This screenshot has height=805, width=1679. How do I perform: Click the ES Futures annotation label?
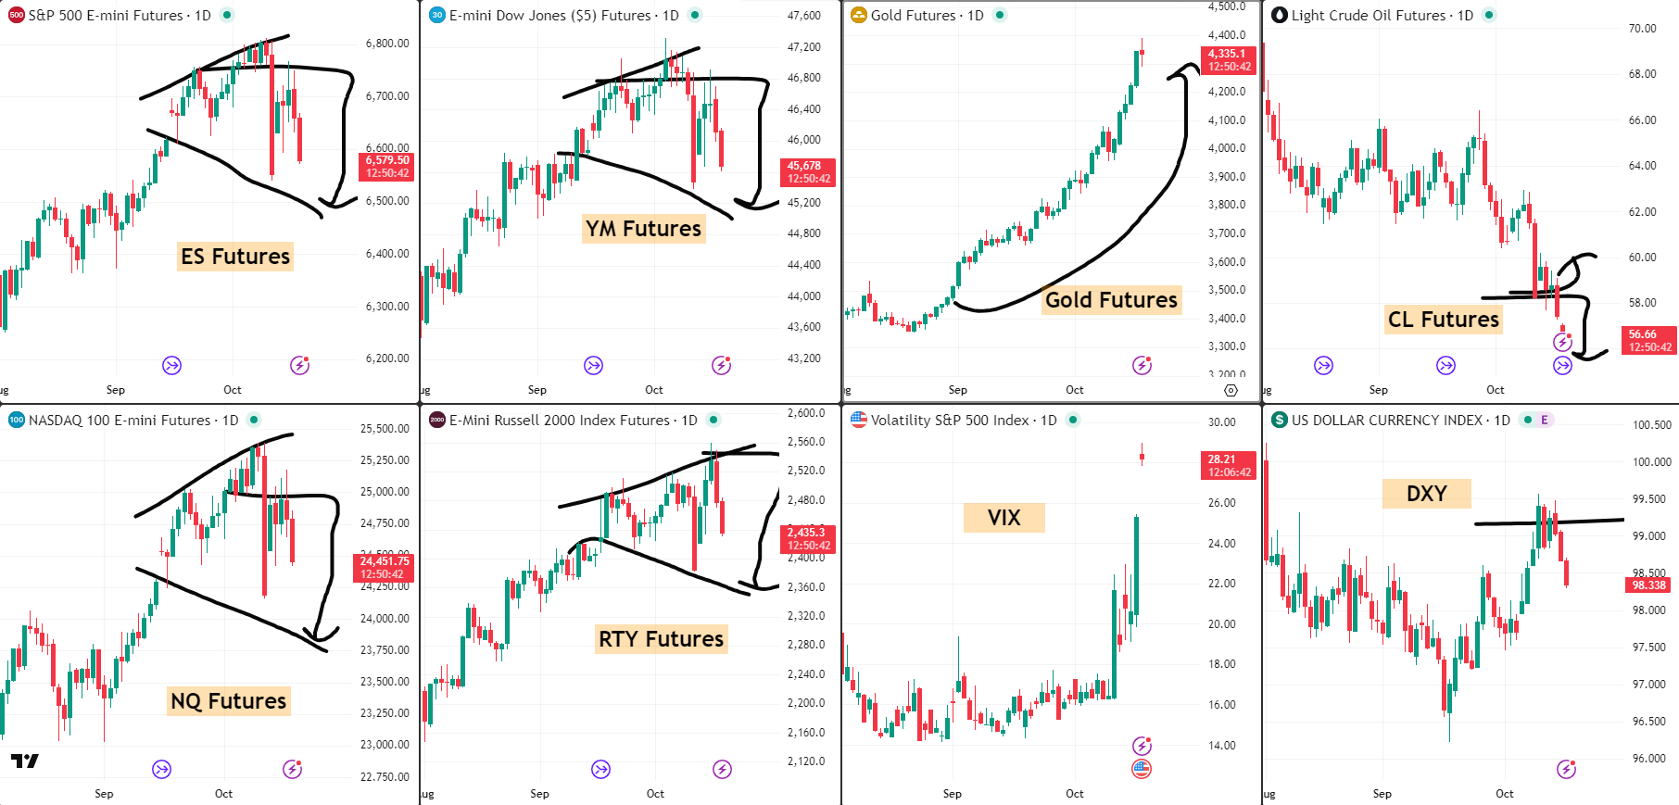click(235, 257)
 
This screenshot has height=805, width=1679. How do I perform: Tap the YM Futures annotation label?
click(644, 229)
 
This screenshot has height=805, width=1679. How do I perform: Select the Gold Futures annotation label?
click(1111, 300)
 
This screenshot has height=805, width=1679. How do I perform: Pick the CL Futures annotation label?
click(1443, 320)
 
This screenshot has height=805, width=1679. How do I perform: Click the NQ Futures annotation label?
click(228, 701)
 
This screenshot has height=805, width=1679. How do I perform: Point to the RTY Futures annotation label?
click(661, 639)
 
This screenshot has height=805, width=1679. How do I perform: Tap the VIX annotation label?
click(1004, 518)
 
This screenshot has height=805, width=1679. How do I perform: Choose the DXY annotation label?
click(1426, 494)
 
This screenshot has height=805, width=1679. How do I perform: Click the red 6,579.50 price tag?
click(387, 167)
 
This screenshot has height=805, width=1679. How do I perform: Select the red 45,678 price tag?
click(808, 172)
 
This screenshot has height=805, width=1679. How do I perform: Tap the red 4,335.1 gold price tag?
click(1229, 60)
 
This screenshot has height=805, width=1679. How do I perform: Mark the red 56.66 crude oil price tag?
click(1649, 341)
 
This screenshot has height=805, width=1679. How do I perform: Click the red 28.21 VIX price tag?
click(1229, 465)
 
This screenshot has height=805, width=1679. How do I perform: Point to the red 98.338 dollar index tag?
click(1648, 585)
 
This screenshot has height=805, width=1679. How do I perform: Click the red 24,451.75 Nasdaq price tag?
click(385, 568)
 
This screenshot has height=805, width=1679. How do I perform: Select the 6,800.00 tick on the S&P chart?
click(386, 44)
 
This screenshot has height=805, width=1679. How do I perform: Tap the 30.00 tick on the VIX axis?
click(1221, 422)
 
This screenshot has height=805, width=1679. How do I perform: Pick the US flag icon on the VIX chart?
click(1142, 769)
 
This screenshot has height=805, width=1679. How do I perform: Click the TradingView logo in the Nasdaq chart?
click(25, 761)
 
